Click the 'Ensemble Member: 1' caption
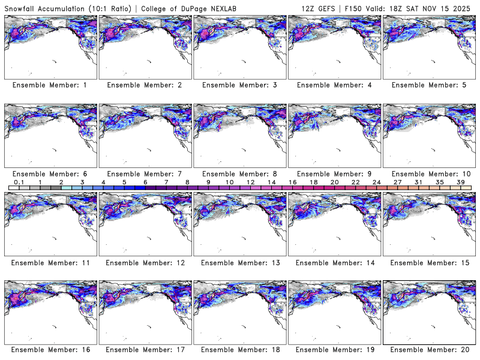[50, 85]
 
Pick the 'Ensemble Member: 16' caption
[50, 349]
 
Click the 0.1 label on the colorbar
[19, 181]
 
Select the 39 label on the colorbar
[460, 181]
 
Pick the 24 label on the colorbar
[376, 181]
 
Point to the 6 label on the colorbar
[145, 181]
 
